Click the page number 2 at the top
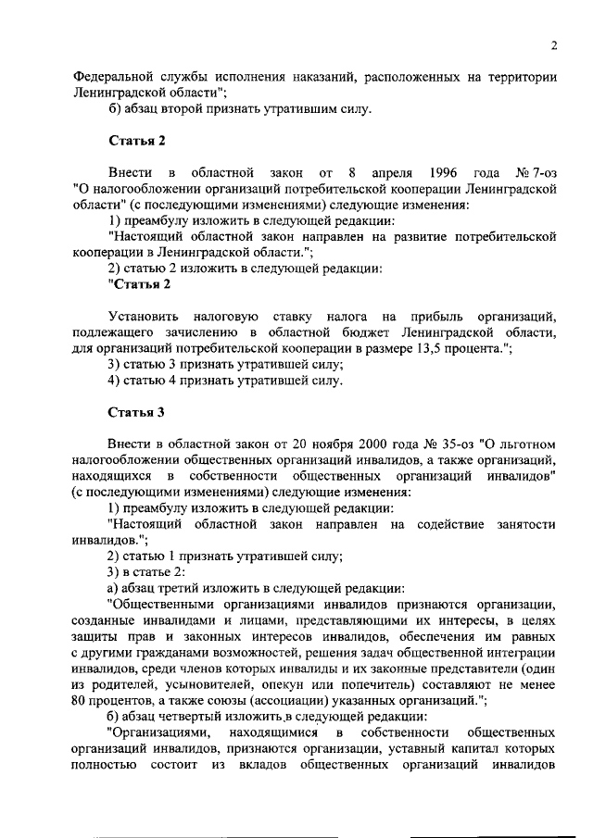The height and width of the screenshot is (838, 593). pyautogui.click(x=552, y=45)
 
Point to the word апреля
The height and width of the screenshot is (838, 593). pyautogui.click(x=392, y=173)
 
